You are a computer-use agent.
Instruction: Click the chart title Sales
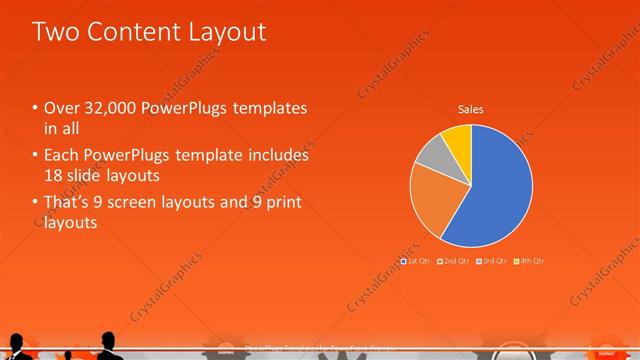click(471, 108)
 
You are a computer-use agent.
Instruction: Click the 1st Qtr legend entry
click(418, 261)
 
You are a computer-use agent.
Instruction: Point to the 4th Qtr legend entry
click(531, 261)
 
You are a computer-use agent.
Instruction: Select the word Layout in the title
click(231, 32)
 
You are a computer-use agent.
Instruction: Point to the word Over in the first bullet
click(61, 108)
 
